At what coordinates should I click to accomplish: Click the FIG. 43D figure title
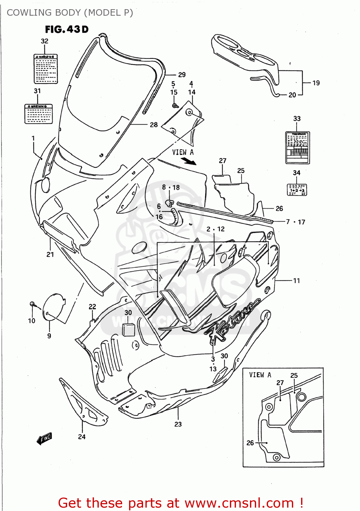point(67,30)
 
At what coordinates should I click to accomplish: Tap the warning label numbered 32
point(46,69)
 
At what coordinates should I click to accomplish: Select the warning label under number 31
point(38,114)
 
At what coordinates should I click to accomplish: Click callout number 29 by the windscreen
point(182,75)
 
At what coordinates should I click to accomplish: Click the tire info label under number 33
point(297,148)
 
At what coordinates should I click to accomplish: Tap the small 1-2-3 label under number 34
point(297,190)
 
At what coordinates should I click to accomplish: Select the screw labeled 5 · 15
point(175,106)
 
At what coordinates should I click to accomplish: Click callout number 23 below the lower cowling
point(178,424)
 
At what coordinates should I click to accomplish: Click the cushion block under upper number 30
point(128,329)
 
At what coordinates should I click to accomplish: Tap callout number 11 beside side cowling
point(296,281)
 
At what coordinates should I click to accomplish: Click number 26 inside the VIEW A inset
point(250,443)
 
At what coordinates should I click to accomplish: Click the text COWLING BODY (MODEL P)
point(70,13)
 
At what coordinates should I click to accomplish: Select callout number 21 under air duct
point(50,254)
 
